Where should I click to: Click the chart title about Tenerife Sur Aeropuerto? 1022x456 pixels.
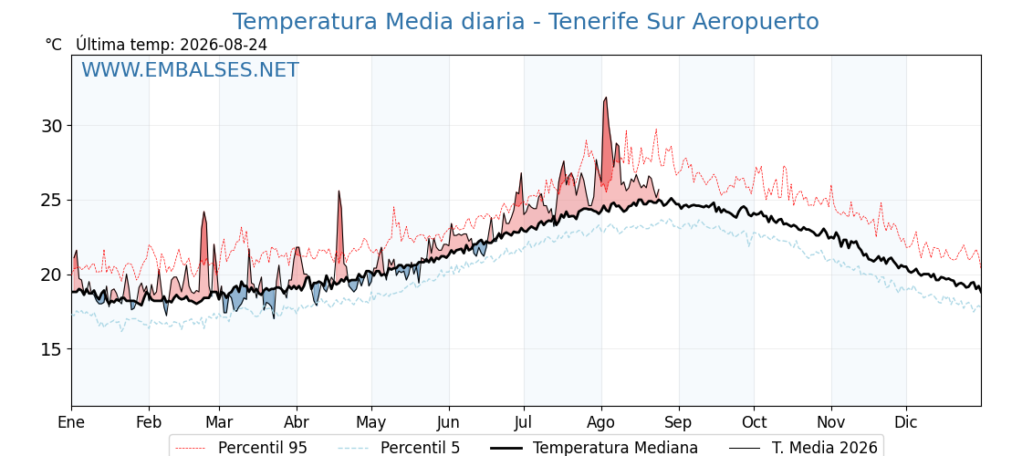tap(526, 22)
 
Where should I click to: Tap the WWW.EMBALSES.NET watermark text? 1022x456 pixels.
tap(191, 69)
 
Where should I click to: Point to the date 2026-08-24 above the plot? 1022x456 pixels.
tap(223, 45)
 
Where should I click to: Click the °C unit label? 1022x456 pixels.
tap(54, 45)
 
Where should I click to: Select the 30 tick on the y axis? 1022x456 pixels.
tap(54, 125)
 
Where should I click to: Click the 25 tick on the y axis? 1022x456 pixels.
tap(54, 200)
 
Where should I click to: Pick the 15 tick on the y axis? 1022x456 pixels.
tap(54, 349)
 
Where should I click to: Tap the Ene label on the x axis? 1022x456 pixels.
tap(72, 423)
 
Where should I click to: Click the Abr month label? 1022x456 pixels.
tap(297, 423)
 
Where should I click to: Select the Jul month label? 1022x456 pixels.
tap(524, 423)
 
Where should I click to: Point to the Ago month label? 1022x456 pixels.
tap(601, 423)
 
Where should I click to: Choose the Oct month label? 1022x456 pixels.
tap(754, 423)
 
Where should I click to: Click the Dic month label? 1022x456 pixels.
tap(906, 423)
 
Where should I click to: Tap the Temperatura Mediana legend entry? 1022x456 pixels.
tap(594, 448)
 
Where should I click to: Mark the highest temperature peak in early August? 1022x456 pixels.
tap(606, 98)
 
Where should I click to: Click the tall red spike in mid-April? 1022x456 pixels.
tap(339, 192)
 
